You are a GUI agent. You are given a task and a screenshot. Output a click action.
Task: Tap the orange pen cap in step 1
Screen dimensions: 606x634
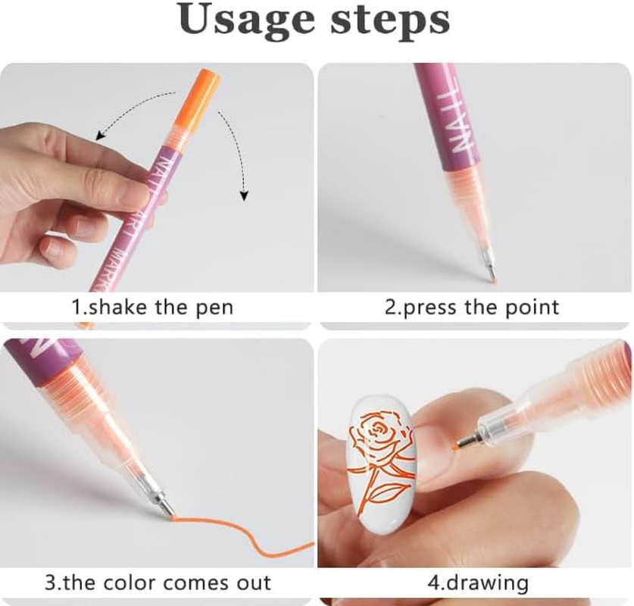point(199,99)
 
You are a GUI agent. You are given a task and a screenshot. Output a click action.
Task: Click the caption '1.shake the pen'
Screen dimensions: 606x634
point(152,308)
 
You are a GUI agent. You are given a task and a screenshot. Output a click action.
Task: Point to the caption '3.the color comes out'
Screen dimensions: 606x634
point(157,583)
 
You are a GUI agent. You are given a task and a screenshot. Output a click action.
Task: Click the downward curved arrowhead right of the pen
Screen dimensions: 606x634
point(243,195)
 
